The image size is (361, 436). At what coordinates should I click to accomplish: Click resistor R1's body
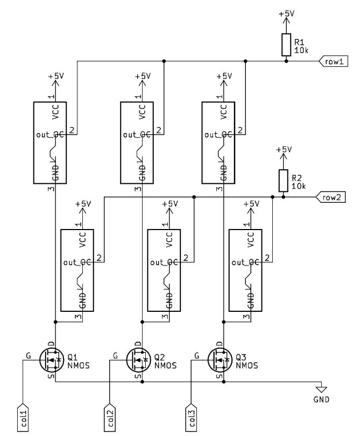(x=286, y=45)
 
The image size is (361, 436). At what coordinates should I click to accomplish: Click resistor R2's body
(x=283, y=181)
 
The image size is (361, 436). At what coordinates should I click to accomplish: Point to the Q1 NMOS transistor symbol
(x=52, y=359)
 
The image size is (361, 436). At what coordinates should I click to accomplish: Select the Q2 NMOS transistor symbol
(x=139, y=359)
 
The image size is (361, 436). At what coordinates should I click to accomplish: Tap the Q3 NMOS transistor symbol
(x=220, y=359)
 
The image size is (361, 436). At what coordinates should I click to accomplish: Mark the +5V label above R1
(x=286, y=15)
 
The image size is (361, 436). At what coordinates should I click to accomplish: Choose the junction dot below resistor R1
(x=286, y=61)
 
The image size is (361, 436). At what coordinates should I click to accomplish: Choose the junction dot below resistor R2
(x=283, y=197)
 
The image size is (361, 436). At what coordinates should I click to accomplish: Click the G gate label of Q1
(x=28, y=355)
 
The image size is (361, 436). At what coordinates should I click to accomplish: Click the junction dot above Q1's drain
(x=55, y=322)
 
